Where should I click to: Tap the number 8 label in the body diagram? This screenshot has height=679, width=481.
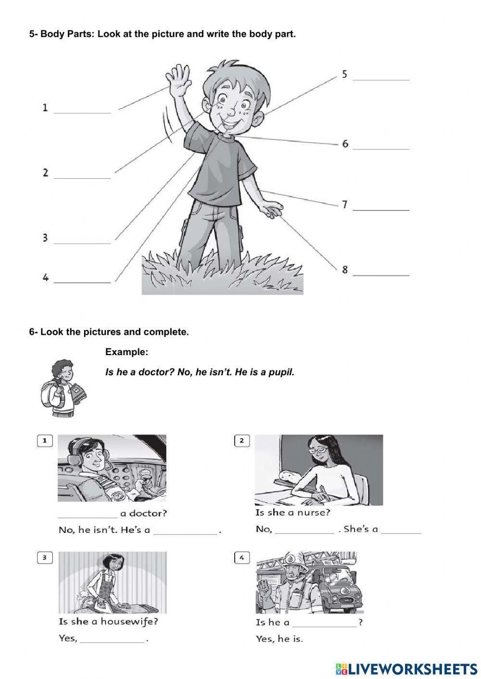point(345,270)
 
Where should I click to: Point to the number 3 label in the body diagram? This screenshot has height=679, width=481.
point(45,238)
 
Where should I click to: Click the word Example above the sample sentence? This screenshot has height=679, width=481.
point(127,352)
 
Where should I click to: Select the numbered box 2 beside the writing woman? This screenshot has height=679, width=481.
point(242,441)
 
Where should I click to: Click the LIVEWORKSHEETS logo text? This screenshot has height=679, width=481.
point(411,668)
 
